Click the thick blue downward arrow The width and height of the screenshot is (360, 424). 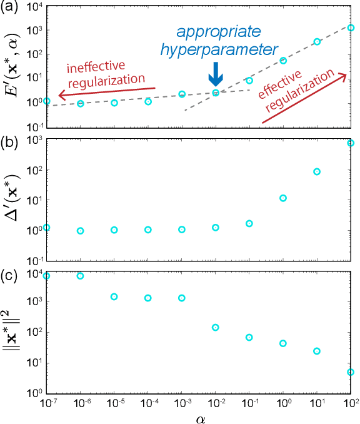click(216, 74)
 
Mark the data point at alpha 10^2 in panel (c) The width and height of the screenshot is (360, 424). click(351, 372)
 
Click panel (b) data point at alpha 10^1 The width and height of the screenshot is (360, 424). click(317, 171)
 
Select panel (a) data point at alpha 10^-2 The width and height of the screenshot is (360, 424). click(216, 93)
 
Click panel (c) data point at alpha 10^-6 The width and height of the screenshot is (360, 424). click(80, 276)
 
